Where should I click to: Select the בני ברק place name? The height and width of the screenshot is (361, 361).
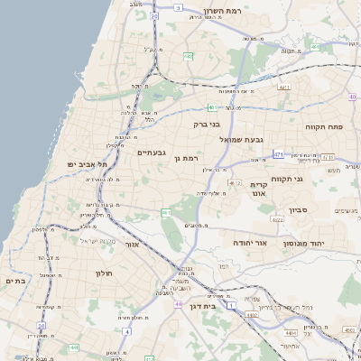point(207,125)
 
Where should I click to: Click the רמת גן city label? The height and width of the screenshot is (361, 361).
point(189,159)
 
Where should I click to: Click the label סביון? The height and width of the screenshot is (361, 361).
point(299,210)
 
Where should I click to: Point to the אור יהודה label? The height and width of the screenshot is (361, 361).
point(250,244)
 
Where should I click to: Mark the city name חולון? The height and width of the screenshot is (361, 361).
point(101,272)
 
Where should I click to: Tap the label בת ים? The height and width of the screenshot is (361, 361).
point(14,282)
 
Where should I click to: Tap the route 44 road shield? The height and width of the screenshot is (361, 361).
point(179,304)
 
